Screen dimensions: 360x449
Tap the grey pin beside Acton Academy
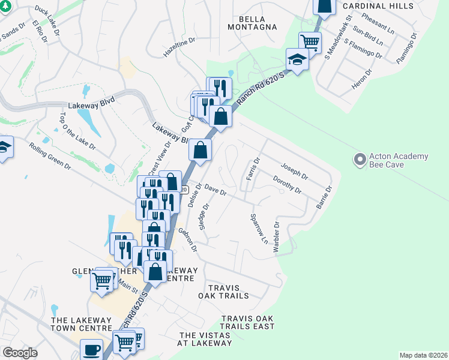click(x=360, y=160)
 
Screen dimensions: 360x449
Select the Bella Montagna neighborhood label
click(x=253, y=22)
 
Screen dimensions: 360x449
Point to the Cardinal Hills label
click(x=378, y=5)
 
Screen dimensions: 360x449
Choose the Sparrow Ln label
click(x=258, y=229)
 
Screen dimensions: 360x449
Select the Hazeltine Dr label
click(x=180, y=49)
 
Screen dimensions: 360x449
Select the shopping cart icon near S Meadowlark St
click(x=310, y=42)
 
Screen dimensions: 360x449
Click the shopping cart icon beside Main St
click(x=102, y=280)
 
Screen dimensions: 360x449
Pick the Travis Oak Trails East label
click(x=248, y=322)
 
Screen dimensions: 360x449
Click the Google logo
click(x=20, y=352)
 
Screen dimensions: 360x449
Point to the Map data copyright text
click(x=423, y=355)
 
